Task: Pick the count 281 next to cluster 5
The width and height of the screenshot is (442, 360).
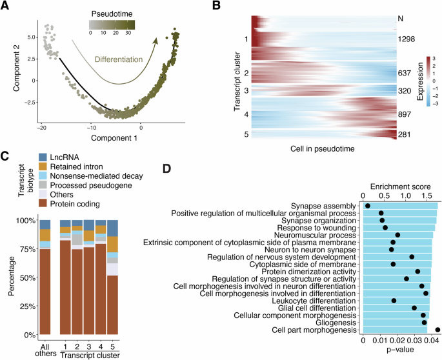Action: pos(407,134)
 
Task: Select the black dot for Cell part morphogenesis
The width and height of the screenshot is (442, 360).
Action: pos(437,330)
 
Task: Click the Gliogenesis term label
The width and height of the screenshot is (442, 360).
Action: pos(336,322)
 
